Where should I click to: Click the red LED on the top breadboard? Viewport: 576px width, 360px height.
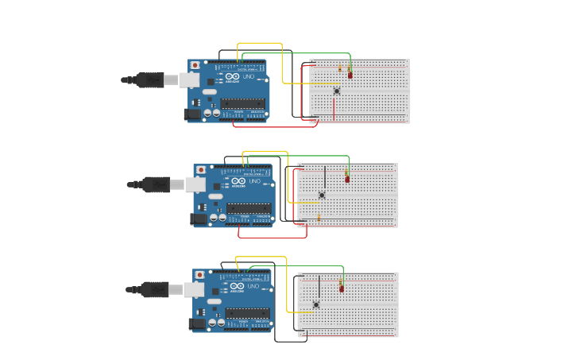coord(350,75)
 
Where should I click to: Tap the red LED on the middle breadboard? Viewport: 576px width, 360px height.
coord(347,179)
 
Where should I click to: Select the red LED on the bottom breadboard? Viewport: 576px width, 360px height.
coord(342,288)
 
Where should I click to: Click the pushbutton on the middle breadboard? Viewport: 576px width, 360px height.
coord(322,195)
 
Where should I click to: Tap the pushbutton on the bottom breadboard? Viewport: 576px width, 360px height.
coord(316,304)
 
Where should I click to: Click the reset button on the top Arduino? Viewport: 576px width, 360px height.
coord(195,65)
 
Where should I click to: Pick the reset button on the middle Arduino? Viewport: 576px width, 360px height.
coord(201,170)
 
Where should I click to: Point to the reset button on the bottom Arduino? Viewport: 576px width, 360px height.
coord(199,275)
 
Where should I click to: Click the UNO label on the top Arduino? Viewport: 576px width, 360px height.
coord(253,77)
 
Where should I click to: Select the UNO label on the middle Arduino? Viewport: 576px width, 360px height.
coord(255,182)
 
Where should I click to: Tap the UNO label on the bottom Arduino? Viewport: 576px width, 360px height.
coord(253,287)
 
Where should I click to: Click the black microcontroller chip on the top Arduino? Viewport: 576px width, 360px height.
coord(242,102)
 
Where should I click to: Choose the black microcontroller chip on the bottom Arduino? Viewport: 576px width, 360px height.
coord(245,312)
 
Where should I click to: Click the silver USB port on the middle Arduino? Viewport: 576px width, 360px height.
coord(195,184)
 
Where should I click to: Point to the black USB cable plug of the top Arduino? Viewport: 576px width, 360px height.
coord(149,79)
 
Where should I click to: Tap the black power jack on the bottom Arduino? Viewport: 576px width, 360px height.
coord(195,324)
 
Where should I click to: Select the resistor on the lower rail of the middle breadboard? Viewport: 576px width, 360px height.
coord(319,216)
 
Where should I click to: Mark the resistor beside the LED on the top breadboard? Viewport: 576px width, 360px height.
coord(340,69)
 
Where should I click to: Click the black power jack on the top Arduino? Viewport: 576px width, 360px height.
coord(191,114)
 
